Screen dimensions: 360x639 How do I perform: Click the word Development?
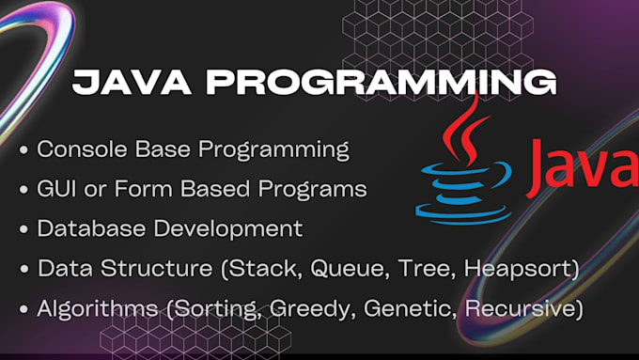pyautogui.click(x=225, y=227)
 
